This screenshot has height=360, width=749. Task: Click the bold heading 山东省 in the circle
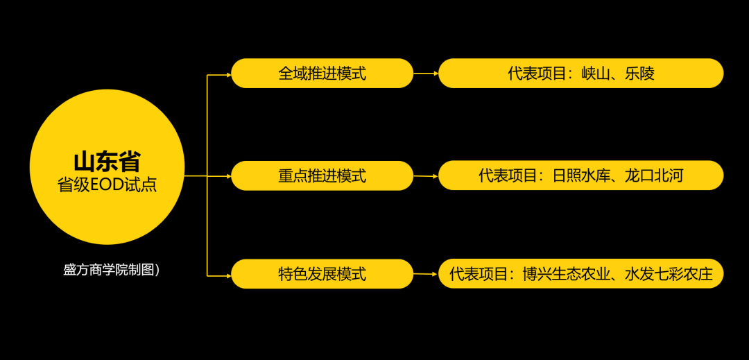(107, 162)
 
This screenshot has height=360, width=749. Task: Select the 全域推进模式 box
(322, 74)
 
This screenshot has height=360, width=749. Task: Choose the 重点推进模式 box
(322, 176)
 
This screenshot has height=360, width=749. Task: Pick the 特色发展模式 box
(322, 274)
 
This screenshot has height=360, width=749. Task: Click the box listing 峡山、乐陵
(580, 74)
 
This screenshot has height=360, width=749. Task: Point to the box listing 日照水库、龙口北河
(580, 176)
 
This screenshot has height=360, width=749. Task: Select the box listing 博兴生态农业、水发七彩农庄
(580, 274)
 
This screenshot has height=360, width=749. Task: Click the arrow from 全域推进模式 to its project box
(426, 74)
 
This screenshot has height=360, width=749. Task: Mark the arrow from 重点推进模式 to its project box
(426, 176)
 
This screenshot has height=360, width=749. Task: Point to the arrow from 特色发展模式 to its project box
(426, 274)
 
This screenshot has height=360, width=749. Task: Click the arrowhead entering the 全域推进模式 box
(227, 74)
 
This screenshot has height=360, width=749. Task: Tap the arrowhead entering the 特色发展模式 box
(227, 275)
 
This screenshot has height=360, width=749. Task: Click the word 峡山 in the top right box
(595, 74)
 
